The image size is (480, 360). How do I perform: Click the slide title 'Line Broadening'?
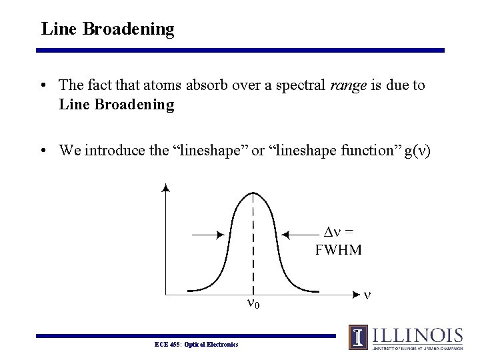point(107,29)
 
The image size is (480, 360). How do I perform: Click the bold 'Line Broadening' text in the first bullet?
point(117,105)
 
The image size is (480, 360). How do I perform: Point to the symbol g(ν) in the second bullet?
point(414,151)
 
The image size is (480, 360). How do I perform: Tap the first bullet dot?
point(43,86)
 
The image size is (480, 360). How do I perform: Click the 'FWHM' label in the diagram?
point(338,250)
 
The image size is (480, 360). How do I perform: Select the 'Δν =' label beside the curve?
point(338,232)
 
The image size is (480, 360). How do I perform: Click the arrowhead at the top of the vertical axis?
point(165,187)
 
